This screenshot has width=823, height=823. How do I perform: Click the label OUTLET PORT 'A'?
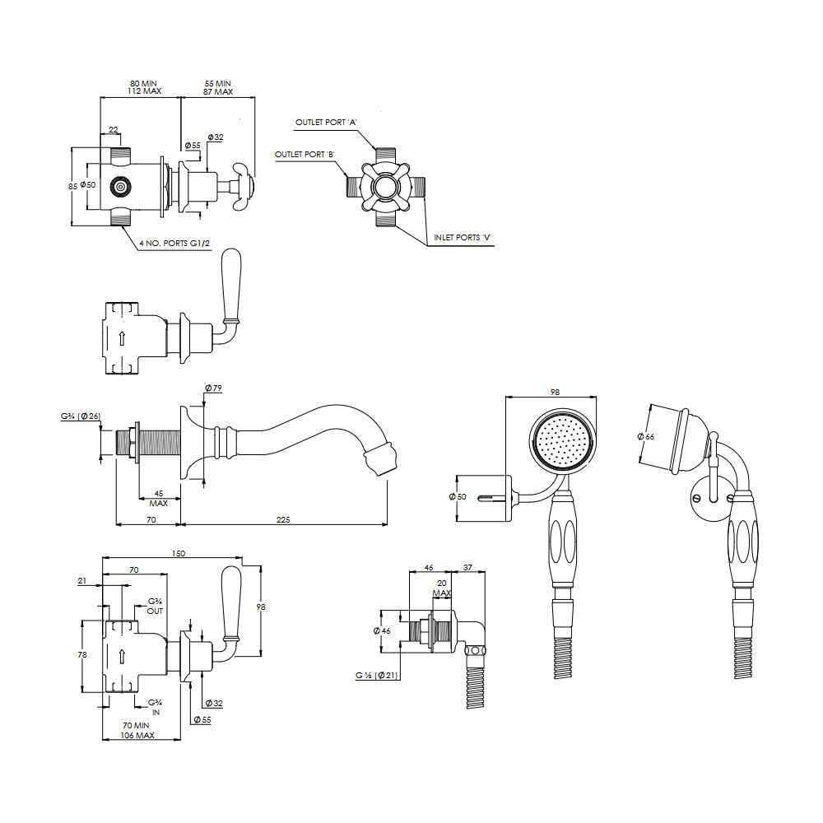[326, 123]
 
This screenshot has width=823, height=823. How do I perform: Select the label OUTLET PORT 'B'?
[305, 155]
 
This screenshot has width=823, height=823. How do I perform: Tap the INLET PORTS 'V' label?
[462, 238]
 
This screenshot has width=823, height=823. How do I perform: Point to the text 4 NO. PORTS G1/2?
[174, 244]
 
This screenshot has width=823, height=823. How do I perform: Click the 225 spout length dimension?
[283, 519]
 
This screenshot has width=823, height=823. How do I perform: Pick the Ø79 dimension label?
[214, 388]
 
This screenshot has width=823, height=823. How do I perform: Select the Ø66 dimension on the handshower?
[646, 437]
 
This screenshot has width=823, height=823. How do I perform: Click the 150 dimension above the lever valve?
[179, 553]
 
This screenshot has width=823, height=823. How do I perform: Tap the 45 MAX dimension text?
[159, 498]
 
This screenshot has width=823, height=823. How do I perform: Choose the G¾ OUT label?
[155, 607]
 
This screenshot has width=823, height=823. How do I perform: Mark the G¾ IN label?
[155, 707]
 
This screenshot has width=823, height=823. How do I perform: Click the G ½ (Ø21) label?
[376, 676]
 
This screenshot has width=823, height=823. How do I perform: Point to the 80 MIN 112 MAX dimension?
[144, 87]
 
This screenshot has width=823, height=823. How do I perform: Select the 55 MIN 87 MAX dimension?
[218, 88]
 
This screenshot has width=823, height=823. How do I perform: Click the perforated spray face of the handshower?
[562, 439]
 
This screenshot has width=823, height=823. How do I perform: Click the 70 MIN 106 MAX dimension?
[137, 731]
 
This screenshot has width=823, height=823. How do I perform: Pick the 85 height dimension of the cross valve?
[73, 186]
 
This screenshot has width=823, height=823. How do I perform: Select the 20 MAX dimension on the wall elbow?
[442, 588]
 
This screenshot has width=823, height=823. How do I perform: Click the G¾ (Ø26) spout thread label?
[81, 416]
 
